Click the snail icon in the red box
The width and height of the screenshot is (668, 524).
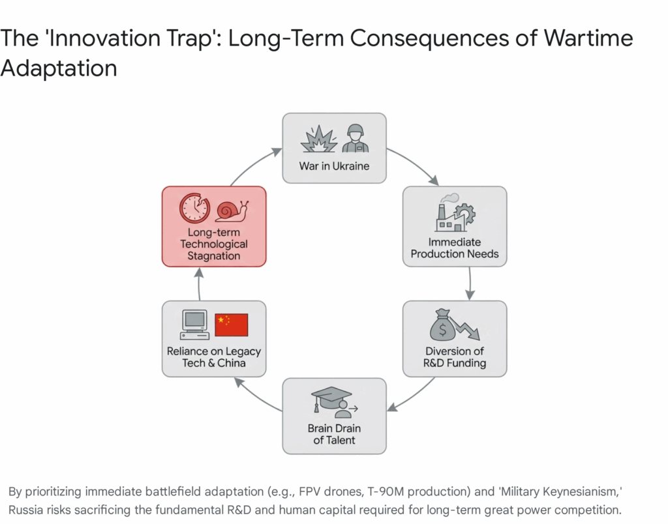(x=232, y=211)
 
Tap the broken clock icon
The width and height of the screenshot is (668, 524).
(x=194, y=208)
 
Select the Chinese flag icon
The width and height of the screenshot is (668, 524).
(x=232, y=325)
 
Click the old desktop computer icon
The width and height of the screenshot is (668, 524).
(x=194, y=325)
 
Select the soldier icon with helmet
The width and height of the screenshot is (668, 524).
(x=356, y=138)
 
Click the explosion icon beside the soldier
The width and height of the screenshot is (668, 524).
(x=319, y=139)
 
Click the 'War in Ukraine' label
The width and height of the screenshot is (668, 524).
(x=334, y=166)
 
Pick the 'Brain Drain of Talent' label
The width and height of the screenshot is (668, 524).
(x=334, y=434)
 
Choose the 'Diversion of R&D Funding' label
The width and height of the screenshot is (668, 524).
(x=455, y=357)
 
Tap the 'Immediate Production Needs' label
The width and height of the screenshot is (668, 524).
(x=455, y=248)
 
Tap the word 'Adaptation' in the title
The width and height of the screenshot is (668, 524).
(x=59, y=68)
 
